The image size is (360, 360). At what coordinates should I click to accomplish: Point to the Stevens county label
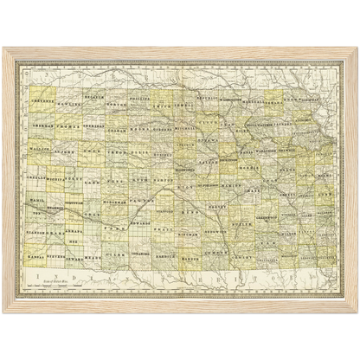(x=59, y=257)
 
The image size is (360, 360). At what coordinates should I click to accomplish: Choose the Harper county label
(x=196, y=258)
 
